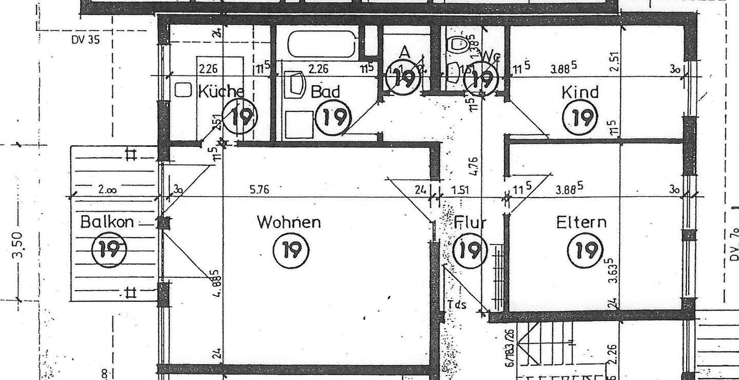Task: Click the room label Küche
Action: (x=221, y=92)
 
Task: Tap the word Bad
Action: (x=325, y=92)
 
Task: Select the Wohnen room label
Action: (x=289, y=222)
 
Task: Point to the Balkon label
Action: (x=107, y=222)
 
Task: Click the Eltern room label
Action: (x=581, y=222)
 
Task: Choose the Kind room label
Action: (x=580, y=92)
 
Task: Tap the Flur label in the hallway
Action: (x=470, y=223)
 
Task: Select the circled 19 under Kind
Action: (x=582, y=118)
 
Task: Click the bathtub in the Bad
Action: (x=322, y=44)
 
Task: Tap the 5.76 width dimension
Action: (x=259, y=190)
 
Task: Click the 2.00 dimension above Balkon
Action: (x=107, y=189)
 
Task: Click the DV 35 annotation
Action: (x=86, y=40)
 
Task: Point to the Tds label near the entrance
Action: (x=457, y=305)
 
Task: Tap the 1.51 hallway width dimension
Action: (x=460, y=190)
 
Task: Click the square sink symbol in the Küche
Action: (x=183, y=90)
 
